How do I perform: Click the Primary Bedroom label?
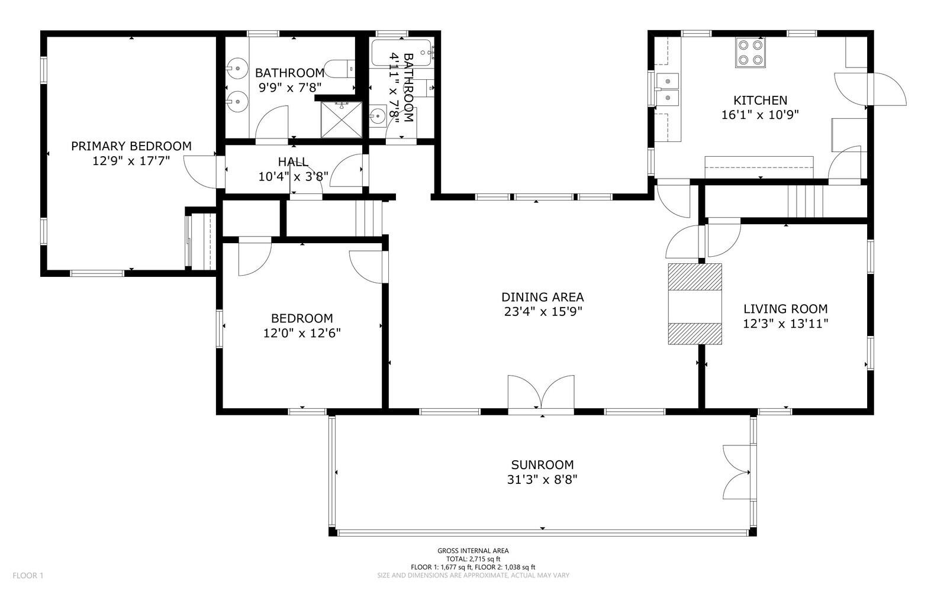click(131, 146)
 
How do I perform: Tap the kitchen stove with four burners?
click(750, 53)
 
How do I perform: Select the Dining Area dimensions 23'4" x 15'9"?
click(543, 312)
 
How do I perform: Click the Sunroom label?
click(542, 464)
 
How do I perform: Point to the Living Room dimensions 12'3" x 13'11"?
click(785, 324)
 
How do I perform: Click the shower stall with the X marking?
click(342, 120)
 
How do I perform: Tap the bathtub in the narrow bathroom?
click(402, 53)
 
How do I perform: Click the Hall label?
click(293, 162)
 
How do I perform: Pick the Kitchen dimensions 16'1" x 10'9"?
click(760, 115)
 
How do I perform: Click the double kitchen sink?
click(667, 89)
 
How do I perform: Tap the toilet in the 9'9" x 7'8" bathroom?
click(340, 69)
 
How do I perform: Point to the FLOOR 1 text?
click(28, 576)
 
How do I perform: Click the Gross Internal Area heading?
click(473, 551)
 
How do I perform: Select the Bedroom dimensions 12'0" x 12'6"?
click(302, 333)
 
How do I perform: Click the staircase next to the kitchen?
click(806, 201)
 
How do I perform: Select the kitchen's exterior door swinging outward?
click(887, 89)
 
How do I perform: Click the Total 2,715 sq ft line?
click(473, 559)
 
